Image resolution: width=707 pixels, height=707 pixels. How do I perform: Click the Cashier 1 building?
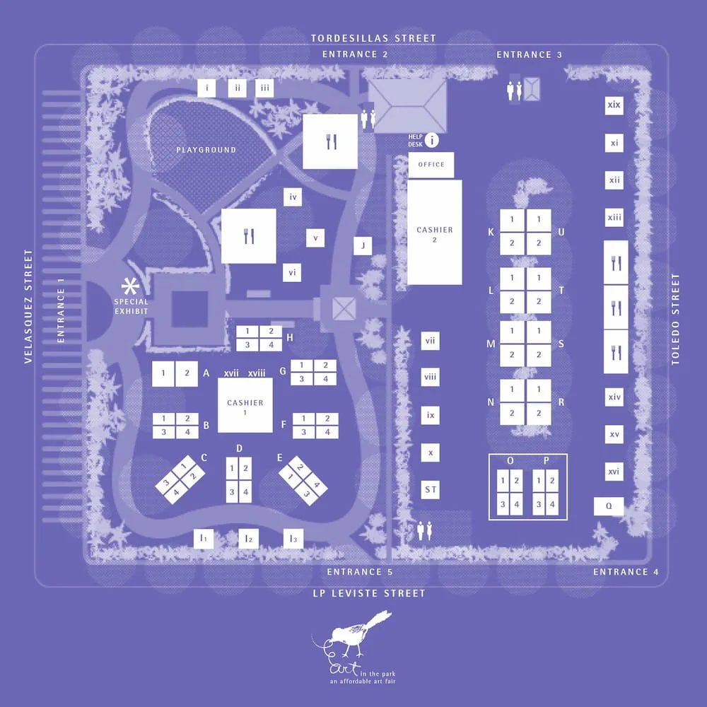click(x=245, y=405)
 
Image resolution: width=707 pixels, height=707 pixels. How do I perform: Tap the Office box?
click(x=431, y=165)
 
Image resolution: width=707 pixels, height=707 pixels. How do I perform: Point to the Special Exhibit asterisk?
click(x=130, y=286)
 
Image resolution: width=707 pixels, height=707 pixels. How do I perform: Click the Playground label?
click(x=206, y=150)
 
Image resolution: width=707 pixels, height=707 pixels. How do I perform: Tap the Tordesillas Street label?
click(x=374, y=38)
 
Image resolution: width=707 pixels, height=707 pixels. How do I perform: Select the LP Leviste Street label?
click(x=370, y=593)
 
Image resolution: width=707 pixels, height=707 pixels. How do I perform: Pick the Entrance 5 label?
click(x=359, y=572)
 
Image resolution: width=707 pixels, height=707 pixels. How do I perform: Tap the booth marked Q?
click(x=609, y=506)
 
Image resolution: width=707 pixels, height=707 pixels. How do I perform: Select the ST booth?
click(x=430, y=489)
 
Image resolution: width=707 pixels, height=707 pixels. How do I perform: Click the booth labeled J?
click(x=363, y=245)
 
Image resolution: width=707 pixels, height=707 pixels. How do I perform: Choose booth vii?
click(x=430, y=341)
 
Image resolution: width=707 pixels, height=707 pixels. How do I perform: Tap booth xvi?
click(x=614, y=471)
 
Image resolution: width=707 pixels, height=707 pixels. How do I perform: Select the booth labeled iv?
click(x=293, y=197)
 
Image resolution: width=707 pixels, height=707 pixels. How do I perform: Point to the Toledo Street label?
click(x=675, y=319)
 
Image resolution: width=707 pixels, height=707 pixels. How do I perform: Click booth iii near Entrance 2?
click(x=264, y=88)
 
